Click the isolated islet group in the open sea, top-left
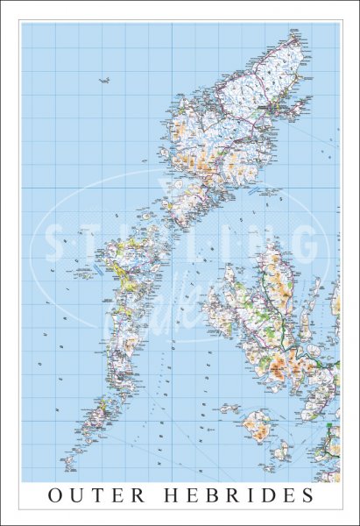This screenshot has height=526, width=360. click(x=103, y=82)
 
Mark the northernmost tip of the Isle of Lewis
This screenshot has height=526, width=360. click(x=296, y=33)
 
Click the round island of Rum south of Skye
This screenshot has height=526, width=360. click(x=256, y=425)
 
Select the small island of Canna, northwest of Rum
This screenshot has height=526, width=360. click(x=229, y=408)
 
